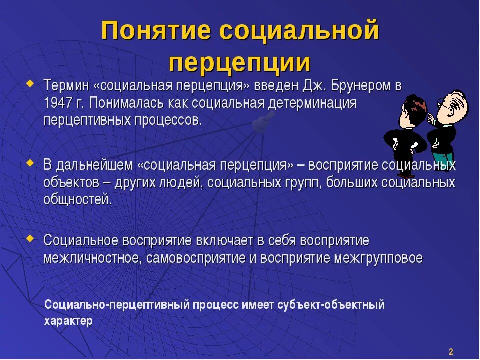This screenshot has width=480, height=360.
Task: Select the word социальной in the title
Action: point(299,32)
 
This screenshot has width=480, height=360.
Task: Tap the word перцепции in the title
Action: point(240,63)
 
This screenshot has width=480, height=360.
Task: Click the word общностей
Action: point(77,200)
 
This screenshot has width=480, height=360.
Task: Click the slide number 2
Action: point(451,351)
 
